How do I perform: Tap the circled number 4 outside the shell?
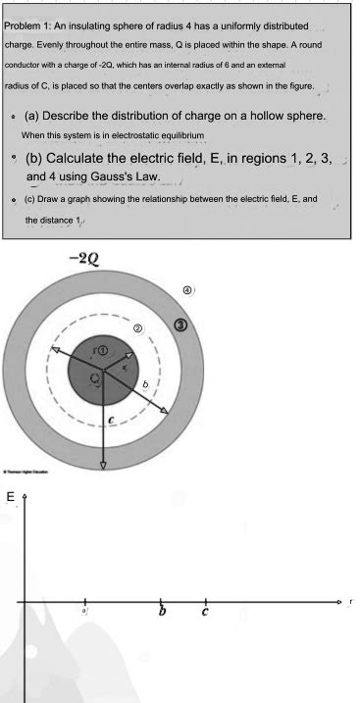[x=186, y=291]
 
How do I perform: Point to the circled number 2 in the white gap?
[x=138, y=326]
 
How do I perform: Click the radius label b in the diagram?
[x=145, y=388]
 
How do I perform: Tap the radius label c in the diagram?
[x=111, y=419]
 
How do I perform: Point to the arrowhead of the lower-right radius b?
[x=169, y=424]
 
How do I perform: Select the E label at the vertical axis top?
[x=11, y=498]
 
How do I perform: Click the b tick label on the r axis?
[x=163, y=614]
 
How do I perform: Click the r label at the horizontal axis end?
[x=350, y=598]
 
